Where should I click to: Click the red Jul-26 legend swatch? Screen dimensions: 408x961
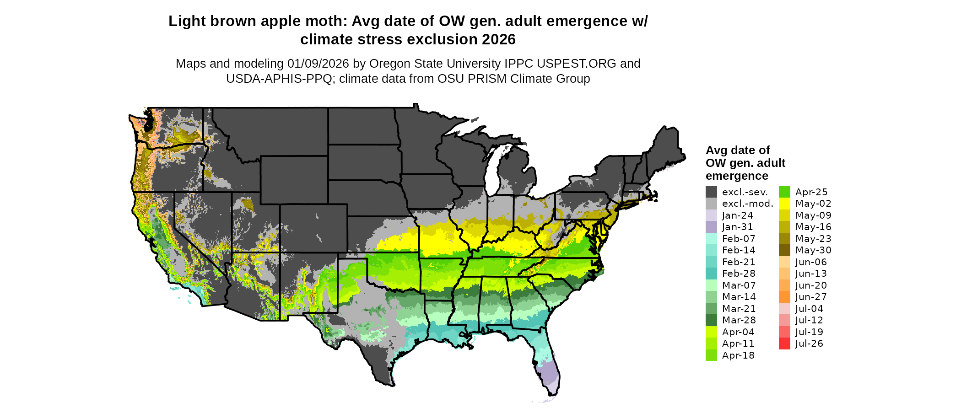point(784,344)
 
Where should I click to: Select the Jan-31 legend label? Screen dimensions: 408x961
point(737,227)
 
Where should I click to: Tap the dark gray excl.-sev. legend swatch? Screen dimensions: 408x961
point(711,192)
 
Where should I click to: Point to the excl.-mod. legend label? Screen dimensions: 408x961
point(747,204)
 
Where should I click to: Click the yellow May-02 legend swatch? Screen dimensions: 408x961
point(784,204)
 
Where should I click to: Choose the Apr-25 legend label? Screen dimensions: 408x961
point(811,192)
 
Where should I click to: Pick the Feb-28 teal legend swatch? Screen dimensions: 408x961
point(711,274)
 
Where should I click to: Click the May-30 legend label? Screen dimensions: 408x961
point(813,250)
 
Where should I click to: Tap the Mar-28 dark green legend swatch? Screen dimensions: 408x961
point(711,320)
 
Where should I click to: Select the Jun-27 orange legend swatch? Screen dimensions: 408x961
point(784,297)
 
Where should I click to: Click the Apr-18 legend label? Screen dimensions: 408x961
point(738,355)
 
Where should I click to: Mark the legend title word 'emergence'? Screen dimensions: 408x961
point(737,176)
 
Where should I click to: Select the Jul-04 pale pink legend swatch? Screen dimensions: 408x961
point(784,309)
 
